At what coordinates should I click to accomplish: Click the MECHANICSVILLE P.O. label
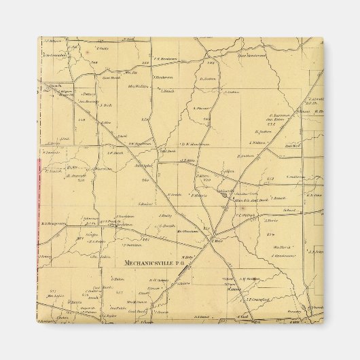(x=156, y=262)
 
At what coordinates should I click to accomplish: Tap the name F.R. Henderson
(x=164, y=58)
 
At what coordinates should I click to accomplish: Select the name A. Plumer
(x=202, y=108)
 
